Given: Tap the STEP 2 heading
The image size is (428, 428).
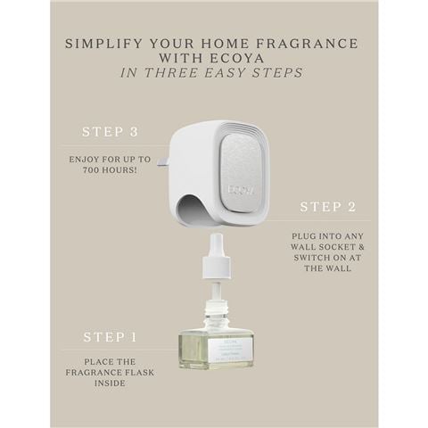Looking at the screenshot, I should (327, 207).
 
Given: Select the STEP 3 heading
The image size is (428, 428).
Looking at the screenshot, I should (110, 131).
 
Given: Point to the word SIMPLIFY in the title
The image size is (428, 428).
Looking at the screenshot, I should (105, 43).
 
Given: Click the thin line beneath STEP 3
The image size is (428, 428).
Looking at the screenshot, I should (110, 145).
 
